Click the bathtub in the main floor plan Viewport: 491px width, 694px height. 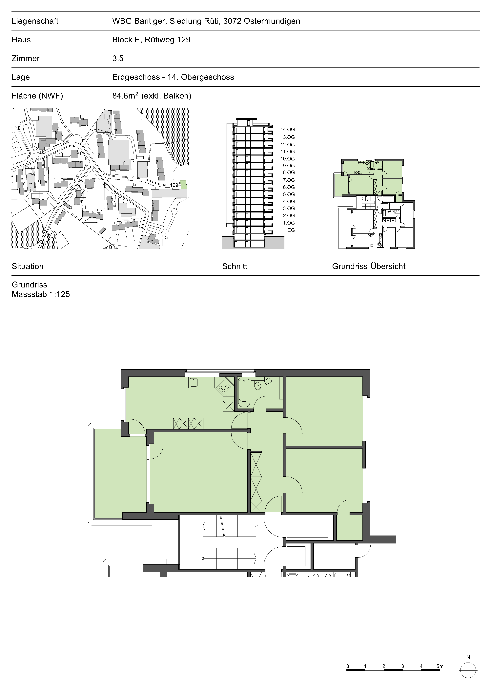click(x=244, y=392)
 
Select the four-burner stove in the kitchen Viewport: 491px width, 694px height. click(x=224, y=387)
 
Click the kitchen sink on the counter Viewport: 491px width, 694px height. click(x=193, y=382)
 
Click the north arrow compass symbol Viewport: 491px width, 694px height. click(x=468, y=670)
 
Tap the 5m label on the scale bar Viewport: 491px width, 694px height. click(x=440, y=666)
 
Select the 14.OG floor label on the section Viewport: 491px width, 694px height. click(x=287, y=129)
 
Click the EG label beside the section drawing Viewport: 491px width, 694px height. click(x=291, y=230)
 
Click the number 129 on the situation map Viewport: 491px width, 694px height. click(x=174, y=185)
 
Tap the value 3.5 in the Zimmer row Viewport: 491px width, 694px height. click(x=118, y=58)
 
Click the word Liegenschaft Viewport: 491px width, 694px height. click(x=35, y=21)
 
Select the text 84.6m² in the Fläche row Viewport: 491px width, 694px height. click(x=125, y=96)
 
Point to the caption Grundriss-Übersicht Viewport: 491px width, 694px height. click(x=369, y=266)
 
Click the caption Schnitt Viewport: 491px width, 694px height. click(x=235, y=266)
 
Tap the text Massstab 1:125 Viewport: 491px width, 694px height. click(x=41, y=294)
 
